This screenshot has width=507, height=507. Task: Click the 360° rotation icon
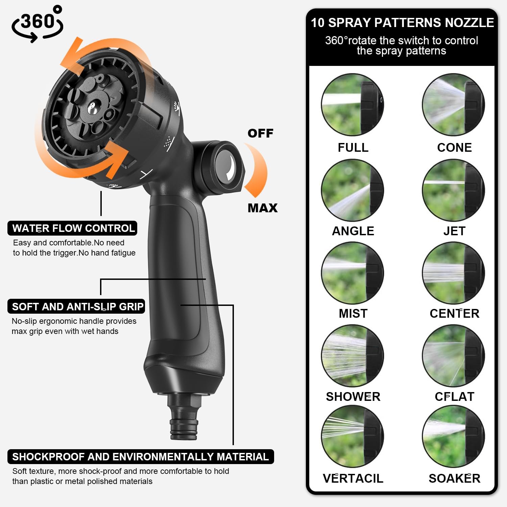point(37,24)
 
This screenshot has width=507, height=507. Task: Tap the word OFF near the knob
point(260,133)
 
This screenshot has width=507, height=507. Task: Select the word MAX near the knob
point(263,208)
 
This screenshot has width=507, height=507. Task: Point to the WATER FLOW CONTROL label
point(72,228)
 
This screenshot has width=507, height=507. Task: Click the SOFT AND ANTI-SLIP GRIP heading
point(76,307)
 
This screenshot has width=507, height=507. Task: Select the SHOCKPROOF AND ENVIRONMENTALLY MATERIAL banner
point(141,457)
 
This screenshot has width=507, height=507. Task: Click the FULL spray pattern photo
point(352,105)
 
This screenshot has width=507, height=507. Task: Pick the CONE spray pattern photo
point(454,105)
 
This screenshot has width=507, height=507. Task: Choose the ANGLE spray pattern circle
point(352,190)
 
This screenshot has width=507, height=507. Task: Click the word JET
point(454,231)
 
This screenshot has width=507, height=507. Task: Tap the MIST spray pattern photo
point(352,273)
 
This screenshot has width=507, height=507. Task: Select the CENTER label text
point(454,313)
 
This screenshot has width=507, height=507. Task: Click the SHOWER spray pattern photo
point(352,356)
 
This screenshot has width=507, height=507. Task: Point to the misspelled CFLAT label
point(454,396)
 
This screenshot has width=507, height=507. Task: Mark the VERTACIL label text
point(353,478)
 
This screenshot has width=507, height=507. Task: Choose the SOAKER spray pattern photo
point(454,437)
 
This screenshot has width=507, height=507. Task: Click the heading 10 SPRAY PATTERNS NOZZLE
point(402,23)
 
